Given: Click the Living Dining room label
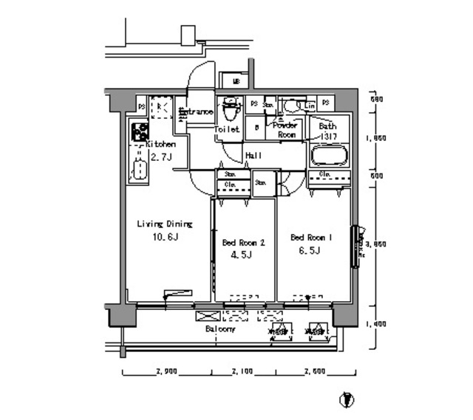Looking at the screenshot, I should click(163, 224).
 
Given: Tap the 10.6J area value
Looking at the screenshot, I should click(165, 237).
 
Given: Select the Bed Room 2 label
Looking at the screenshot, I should click(243, 242).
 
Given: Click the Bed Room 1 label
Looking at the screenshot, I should click(313, 237).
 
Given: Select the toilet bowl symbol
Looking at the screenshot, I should click(230, 111).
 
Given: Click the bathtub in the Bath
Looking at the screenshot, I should click(327, 156).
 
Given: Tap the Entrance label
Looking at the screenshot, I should click(197, 112).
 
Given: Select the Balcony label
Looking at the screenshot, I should click(220, 329).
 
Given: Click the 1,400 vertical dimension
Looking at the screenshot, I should click(377, 323).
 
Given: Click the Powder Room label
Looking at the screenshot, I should click(286, 130).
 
